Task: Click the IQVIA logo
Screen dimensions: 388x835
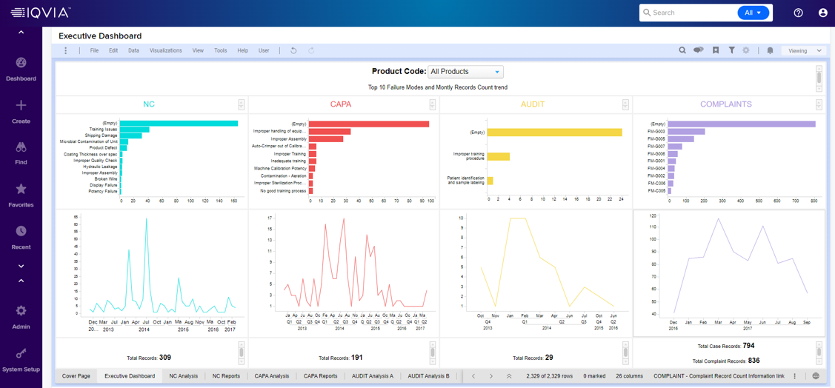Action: tap(41, 13)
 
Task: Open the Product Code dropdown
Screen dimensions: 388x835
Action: tap(465, 72)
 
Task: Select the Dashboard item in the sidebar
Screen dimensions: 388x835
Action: tap(21, 69)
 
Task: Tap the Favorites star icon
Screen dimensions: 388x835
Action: tap(21, 190)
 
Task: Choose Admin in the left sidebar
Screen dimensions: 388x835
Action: tap(21, 317)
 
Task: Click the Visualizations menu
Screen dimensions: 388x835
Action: tap(165, 51)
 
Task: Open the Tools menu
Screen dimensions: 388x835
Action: tap(220, 51)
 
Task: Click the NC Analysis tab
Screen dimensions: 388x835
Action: tap(183, 376)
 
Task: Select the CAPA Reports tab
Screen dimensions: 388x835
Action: tap(320, 376)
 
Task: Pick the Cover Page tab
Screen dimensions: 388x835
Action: tap(76, 376)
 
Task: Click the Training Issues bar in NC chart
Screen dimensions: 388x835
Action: tap(134, 130)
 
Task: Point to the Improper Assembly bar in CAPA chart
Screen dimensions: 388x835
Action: tap(326, 139)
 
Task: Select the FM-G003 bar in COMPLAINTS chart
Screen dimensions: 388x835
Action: tap(686, 132)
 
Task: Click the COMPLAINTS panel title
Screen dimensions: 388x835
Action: tap(725, 104)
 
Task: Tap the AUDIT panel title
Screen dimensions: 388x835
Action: tap(532, 104)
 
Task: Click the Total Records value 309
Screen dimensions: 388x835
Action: tap(164, 358)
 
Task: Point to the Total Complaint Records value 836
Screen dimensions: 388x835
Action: tap(754, 361)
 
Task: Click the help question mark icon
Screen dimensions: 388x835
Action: tap(798, 13)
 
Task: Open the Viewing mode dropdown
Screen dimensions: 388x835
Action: tap(804, 51)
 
